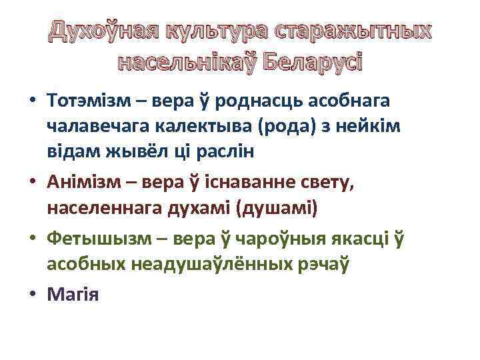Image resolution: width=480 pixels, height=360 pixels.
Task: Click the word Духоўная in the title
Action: coord(103,32)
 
